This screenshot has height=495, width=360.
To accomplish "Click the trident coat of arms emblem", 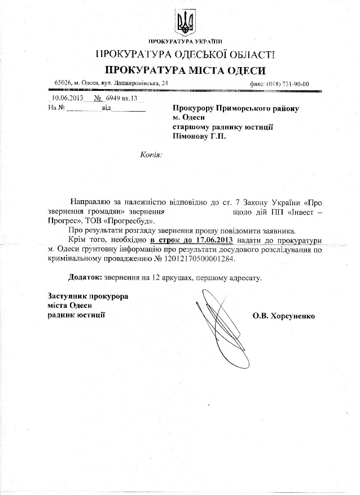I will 185,22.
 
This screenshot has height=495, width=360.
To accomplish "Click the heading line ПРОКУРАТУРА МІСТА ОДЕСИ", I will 185,70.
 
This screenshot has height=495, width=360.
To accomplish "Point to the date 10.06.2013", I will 59,97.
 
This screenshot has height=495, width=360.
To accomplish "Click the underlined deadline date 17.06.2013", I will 210,239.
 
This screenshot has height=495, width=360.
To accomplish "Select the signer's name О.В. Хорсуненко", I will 285,316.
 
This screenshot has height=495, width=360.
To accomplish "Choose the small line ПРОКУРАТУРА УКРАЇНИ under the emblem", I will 185,42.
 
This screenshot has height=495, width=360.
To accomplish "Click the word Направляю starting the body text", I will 91,201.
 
